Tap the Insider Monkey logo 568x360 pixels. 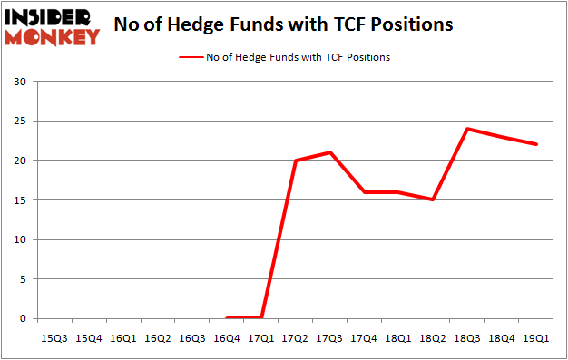[52, 26]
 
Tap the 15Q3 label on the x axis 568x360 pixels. [54, 338]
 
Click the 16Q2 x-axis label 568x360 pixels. [158, 338]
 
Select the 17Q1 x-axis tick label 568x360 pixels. [261, 338]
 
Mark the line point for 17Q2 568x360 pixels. [296, 161]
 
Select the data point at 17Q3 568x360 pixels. [330, 152]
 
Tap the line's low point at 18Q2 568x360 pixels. [433, 199]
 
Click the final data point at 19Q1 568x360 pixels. [536, 144]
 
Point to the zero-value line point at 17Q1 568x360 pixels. [261, 318]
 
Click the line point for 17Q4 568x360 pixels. [365, 192]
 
